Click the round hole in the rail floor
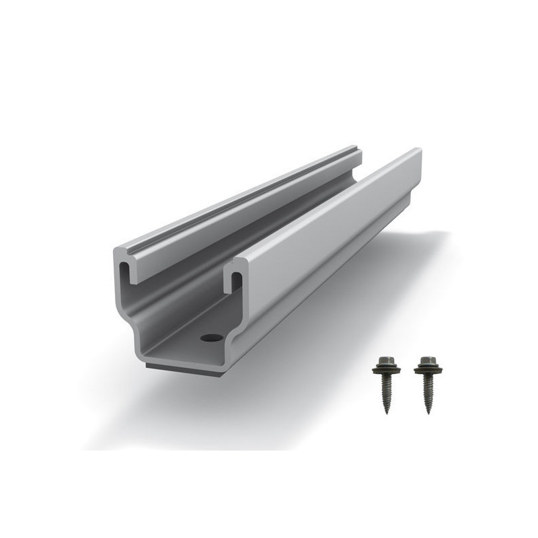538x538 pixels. (211, 336)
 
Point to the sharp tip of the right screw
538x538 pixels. (430, 412)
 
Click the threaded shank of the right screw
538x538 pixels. (428, 391)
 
